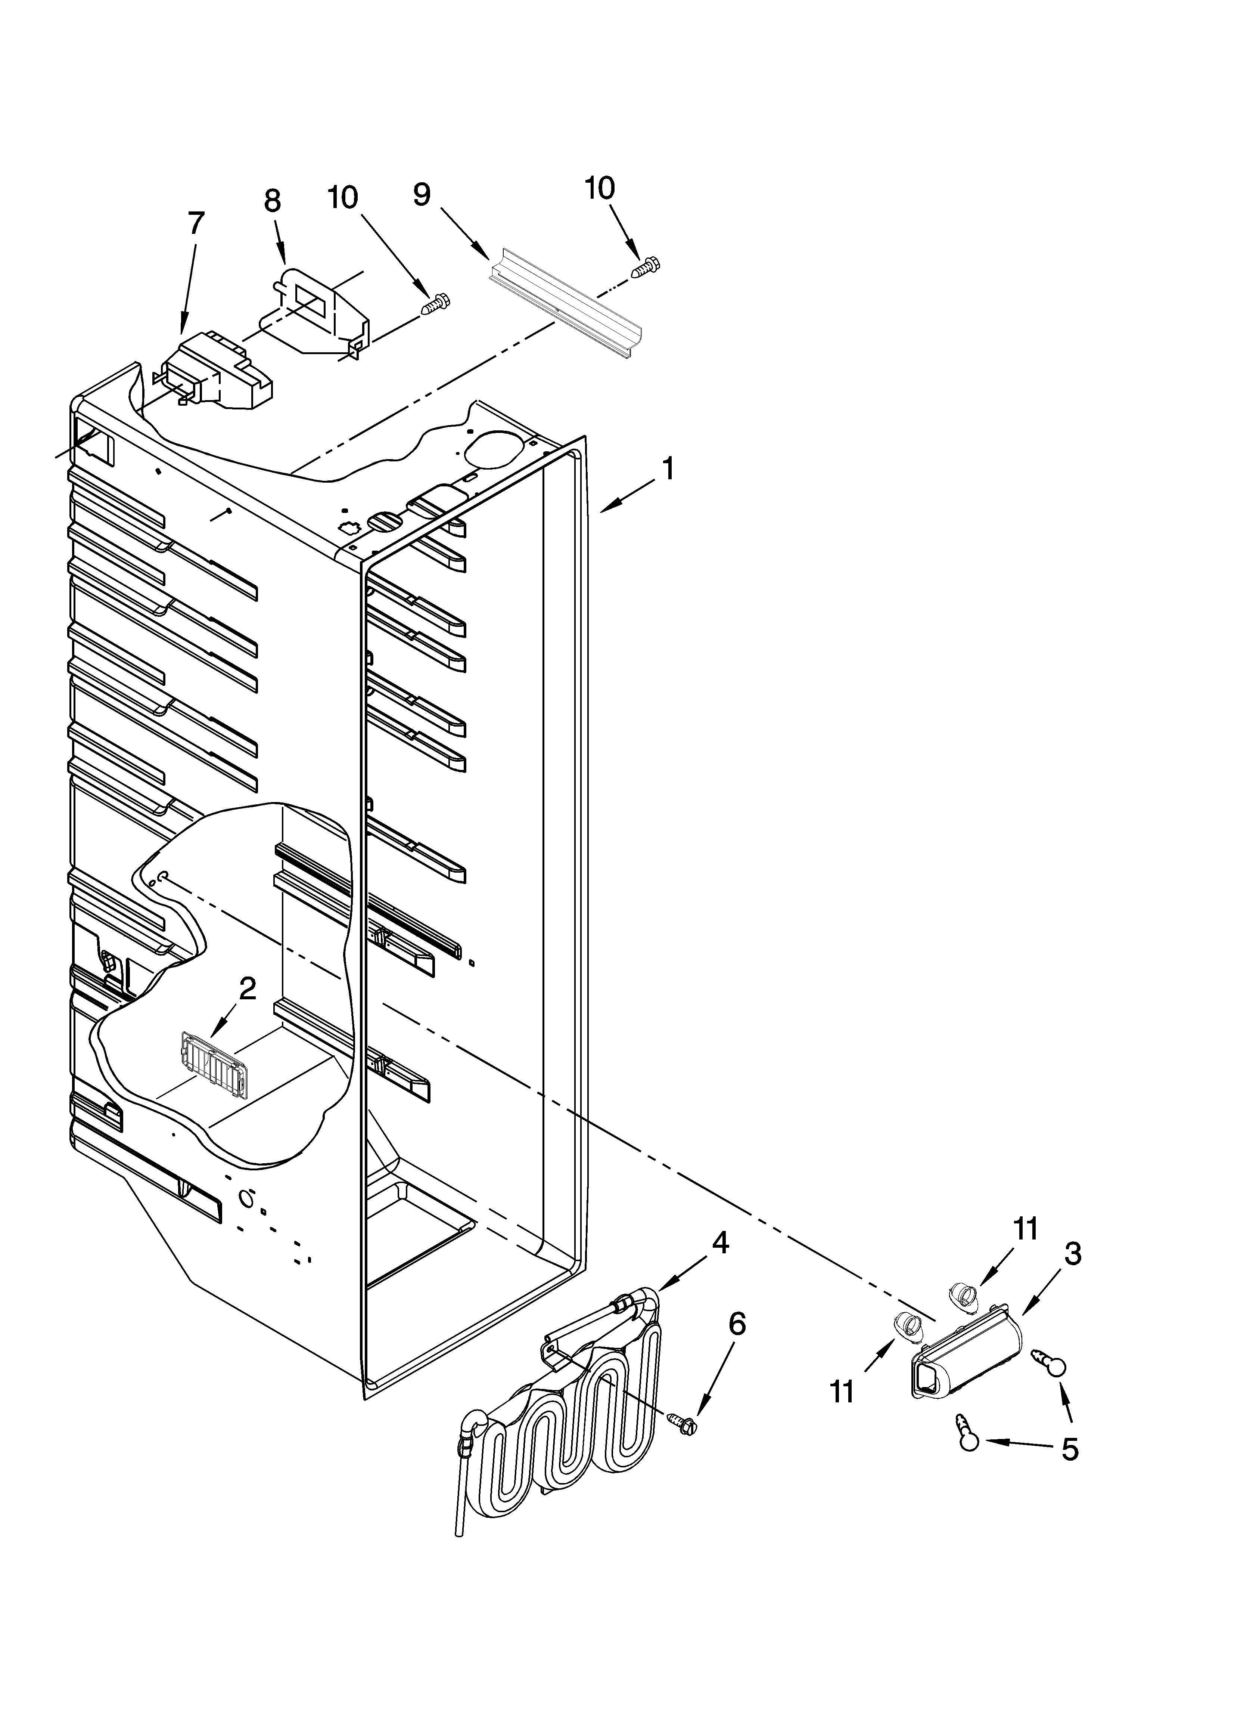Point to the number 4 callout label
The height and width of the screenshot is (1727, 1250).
[x=720, y=1243]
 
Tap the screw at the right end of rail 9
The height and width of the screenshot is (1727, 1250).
[x=646, y=266]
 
